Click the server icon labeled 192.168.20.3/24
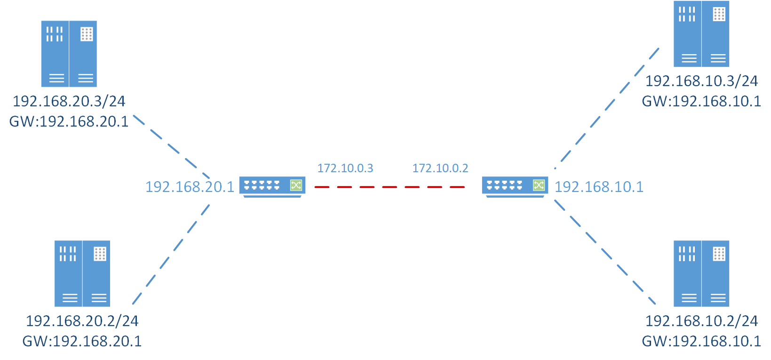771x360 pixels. (x=69, y=54)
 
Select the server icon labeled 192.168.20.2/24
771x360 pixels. (x=82, y=273)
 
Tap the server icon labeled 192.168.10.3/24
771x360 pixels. (x=701, y=34)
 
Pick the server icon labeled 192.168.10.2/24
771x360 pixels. (x=701, y=273)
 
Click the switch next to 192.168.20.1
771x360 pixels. (x=272, y=186)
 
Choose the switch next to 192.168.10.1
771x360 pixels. (x=515, y=186)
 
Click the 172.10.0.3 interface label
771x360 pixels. (x=345, y=168)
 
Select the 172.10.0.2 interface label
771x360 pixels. (x=440, y=168)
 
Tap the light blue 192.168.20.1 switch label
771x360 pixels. (x=190, y=187)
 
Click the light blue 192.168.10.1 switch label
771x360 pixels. (x=599, y=187)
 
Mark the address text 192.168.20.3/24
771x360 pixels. (x=69, y=101)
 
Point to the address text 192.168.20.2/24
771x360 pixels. (x=82, y=320)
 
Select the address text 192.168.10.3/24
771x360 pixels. (x=701, y=81)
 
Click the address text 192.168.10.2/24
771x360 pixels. (x=701, y=320)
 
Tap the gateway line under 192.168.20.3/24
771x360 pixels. (x=69, y=121)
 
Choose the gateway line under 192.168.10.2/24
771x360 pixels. (x=701, y=341)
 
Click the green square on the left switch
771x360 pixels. (x=296, y=185)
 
